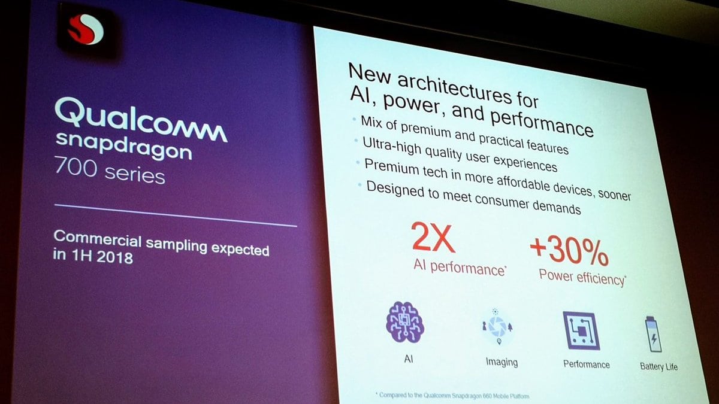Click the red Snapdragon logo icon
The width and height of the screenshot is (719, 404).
86,29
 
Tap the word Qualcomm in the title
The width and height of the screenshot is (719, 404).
141,120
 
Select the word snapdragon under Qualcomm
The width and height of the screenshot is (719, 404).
124,146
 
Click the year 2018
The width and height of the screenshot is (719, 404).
114,257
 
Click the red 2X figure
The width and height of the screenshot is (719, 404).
433,237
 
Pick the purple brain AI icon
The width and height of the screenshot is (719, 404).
405,322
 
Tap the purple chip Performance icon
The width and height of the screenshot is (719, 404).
581,330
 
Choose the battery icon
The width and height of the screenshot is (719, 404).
654,334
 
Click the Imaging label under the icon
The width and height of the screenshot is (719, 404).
502,362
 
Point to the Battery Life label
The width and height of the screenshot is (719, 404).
658,366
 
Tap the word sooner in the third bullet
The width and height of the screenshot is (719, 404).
614,195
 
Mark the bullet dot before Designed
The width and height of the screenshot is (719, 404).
361,185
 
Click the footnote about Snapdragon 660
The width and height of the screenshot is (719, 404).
452,396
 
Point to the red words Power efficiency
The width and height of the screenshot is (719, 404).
582,278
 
